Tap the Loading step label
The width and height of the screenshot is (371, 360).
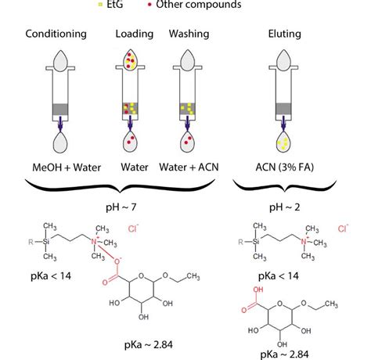coord(134,35)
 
